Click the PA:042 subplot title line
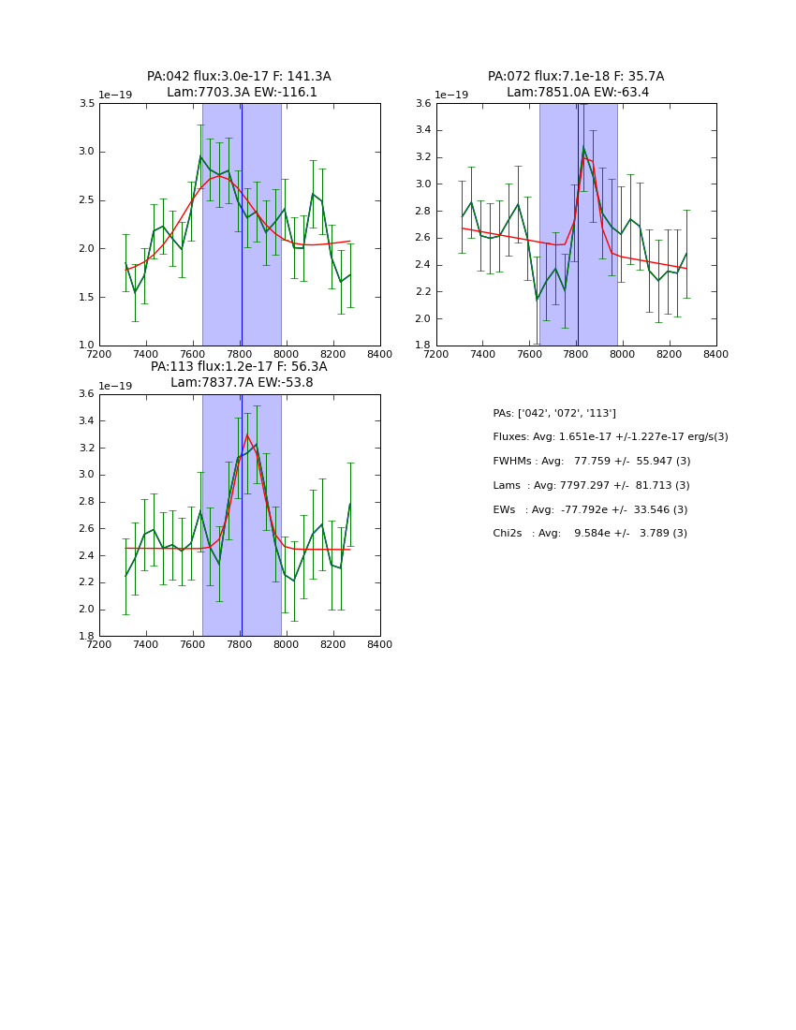239,77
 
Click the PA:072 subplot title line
576,77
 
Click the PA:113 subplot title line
239,367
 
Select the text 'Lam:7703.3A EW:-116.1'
242,93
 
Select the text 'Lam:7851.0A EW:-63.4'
578,93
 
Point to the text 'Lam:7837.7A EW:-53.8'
242,383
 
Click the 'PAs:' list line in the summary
554,413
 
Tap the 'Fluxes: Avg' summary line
610,437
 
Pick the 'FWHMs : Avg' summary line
591,462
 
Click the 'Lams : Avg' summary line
591,486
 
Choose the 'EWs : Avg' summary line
590,510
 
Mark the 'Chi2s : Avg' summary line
590,534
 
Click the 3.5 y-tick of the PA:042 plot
86,104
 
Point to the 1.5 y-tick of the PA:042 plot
86,298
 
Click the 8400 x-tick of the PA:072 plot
716,354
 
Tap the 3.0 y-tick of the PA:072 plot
423,184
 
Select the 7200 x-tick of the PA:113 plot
99,644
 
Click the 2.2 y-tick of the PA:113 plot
86,582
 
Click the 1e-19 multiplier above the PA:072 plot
451,95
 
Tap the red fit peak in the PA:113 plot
247,435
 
